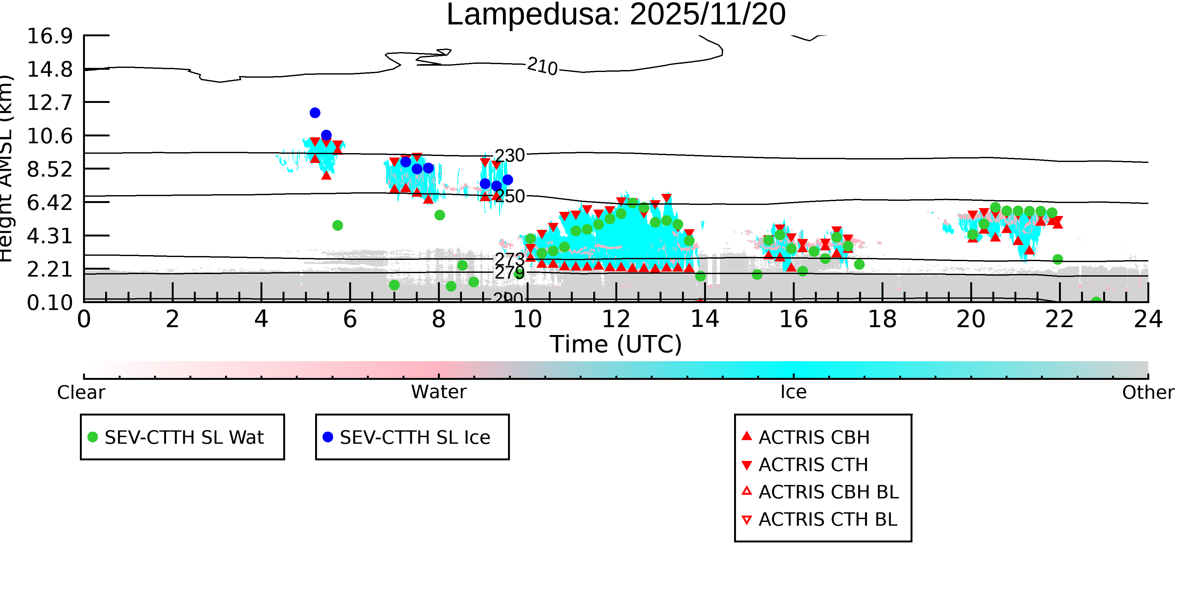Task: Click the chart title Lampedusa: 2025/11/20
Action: click(616, 15)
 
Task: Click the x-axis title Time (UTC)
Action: click(616, 344)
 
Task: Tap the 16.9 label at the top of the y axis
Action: click(50, 36)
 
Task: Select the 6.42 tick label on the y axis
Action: click(50, 203)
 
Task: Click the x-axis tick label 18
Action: click(882, 319)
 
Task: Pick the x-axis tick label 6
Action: click(350, 319)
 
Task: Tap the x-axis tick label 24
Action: click(1148, 319)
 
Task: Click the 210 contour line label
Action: click(542, 66)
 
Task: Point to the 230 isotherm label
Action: click(509, 156)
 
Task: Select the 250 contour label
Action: click(510, 196)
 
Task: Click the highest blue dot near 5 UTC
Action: click(315, 113)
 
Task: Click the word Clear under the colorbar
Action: click(81, 392)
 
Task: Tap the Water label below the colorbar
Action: click(439, 392)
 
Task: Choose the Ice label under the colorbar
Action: click(793, 392)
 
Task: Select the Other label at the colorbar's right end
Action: click(1148, 392)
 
